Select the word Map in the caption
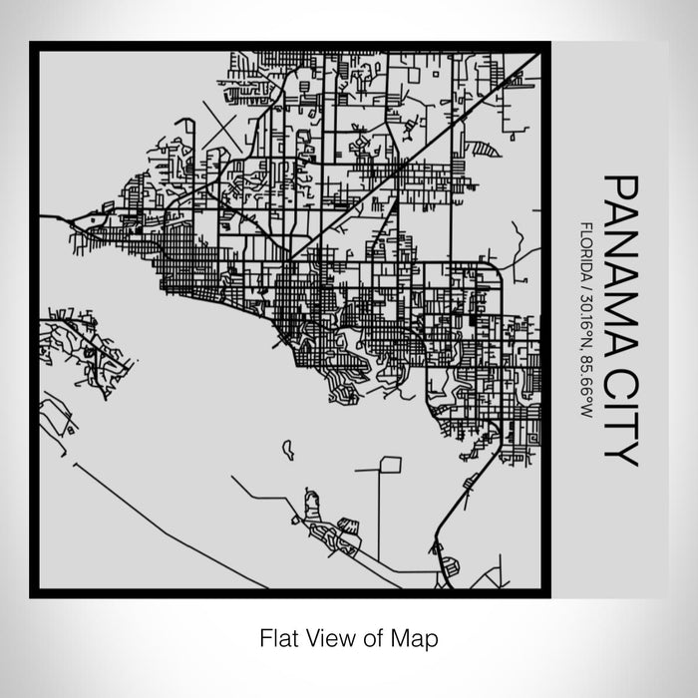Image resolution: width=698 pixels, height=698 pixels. point(420,635)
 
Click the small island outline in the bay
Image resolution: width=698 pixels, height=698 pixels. point(288,450)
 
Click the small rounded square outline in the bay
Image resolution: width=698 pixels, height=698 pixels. point(390,464)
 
